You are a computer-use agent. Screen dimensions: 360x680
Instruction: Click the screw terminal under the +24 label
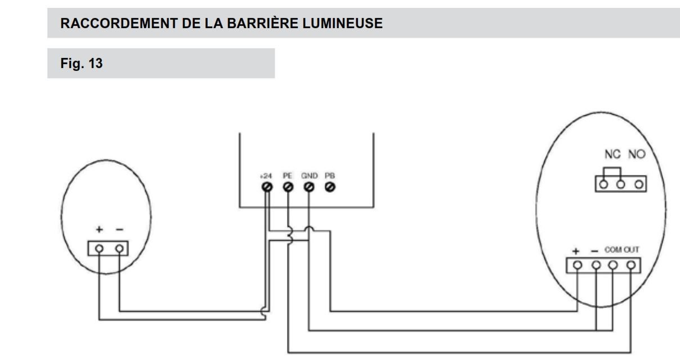[x=266, y=187]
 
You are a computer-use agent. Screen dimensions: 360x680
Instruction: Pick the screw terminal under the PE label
[x=288, y=187]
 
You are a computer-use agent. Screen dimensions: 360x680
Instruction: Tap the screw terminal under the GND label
[x=308, y=187]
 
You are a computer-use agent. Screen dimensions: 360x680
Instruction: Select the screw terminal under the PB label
[x=329, y=187]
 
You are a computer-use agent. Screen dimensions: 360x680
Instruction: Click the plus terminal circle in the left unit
[x=100, y=248]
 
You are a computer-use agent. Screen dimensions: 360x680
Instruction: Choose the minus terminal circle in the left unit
[x=119, y=248]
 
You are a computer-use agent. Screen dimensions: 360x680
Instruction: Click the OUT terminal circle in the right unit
[x=632, y=264]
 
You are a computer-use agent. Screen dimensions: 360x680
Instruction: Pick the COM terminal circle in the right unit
[x=614, y=264]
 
